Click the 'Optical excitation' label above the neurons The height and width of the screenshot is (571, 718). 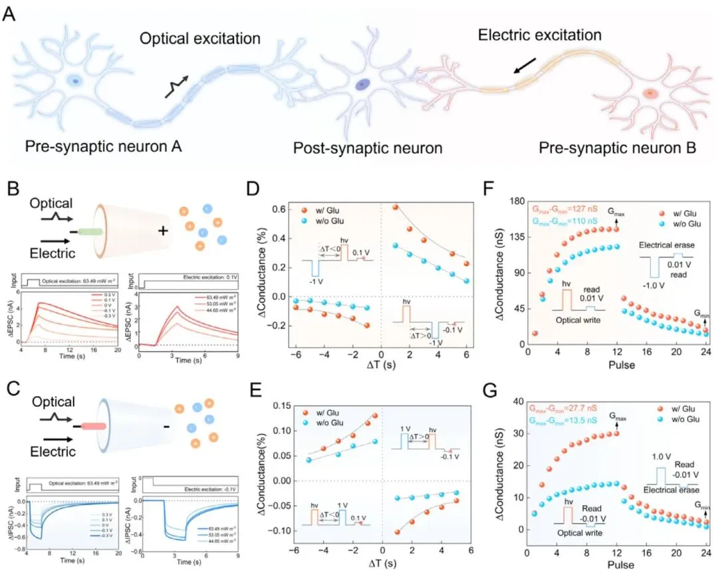pos(199,39)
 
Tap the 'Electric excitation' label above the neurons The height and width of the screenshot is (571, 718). pos(540,34)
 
